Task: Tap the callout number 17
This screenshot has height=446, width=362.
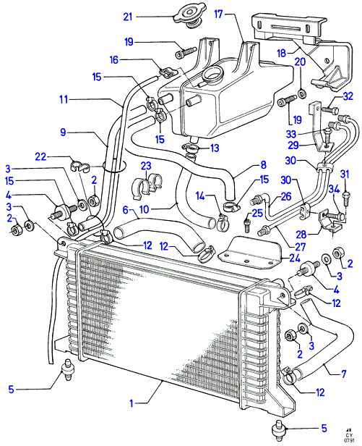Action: (218, 14)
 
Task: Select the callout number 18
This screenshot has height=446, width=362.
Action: (281, 53)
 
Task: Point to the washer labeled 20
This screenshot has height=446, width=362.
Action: (301, 93)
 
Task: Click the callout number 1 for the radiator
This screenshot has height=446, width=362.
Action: (132, 403)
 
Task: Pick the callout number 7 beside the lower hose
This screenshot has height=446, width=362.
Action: (343, 374)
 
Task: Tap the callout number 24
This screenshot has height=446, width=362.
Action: (295, 258)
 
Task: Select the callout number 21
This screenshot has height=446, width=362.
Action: (128, 17)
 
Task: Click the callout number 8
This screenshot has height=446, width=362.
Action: (263, 164)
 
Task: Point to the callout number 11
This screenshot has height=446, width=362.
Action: (64, 100)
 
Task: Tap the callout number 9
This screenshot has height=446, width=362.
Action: (63, 132)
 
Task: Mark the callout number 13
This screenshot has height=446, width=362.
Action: (215, 148)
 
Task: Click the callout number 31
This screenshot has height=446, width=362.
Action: (345, 174)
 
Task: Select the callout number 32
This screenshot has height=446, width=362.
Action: (348, 96)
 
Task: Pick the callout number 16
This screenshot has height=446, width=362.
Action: (113, 60)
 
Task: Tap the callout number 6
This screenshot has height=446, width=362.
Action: (126, 210)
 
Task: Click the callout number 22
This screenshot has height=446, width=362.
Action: (40, 156)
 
